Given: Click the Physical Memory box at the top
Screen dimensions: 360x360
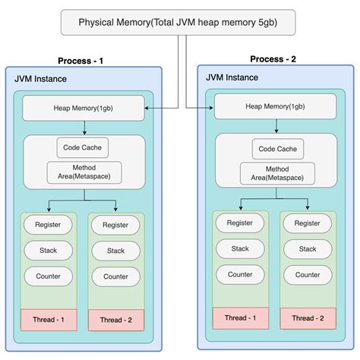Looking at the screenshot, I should [x=178, y=21].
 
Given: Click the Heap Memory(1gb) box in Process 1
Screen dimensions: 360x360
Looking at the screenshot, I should [x=84, y=108].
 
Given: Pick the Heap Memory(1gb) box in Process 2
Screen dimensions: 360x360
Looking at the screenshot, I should [x=276, y=106].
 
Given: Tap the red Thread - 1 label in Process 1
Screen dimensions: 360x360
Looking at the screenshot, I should [x=49, y=320].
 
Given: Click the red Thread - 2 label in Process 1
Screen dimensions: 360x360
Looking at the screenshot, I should [x=115, y=321].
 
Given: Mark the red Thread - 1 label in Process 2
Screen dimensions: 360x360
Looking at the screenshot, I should [x=241, y=317].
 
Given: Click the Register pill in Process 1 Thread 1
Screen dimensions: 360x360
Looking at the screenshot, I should [x=49, y=225].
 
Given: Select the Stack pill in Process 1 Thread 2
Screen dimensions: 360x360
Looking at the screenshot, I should [x=115, y=251].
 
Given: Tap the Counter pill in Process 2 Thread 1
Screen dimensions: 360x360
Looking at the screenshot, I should [x=241, y=274].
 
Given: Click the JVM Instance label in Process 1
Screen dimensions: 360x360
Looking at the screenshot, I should [x=39, y=79].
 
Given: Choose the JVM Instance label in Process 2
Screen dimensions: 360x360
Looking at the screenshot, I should [x=231, y=77].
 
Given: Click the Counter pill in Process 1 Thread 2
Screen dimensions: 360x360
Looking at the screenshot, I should [x=115, y=276].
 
